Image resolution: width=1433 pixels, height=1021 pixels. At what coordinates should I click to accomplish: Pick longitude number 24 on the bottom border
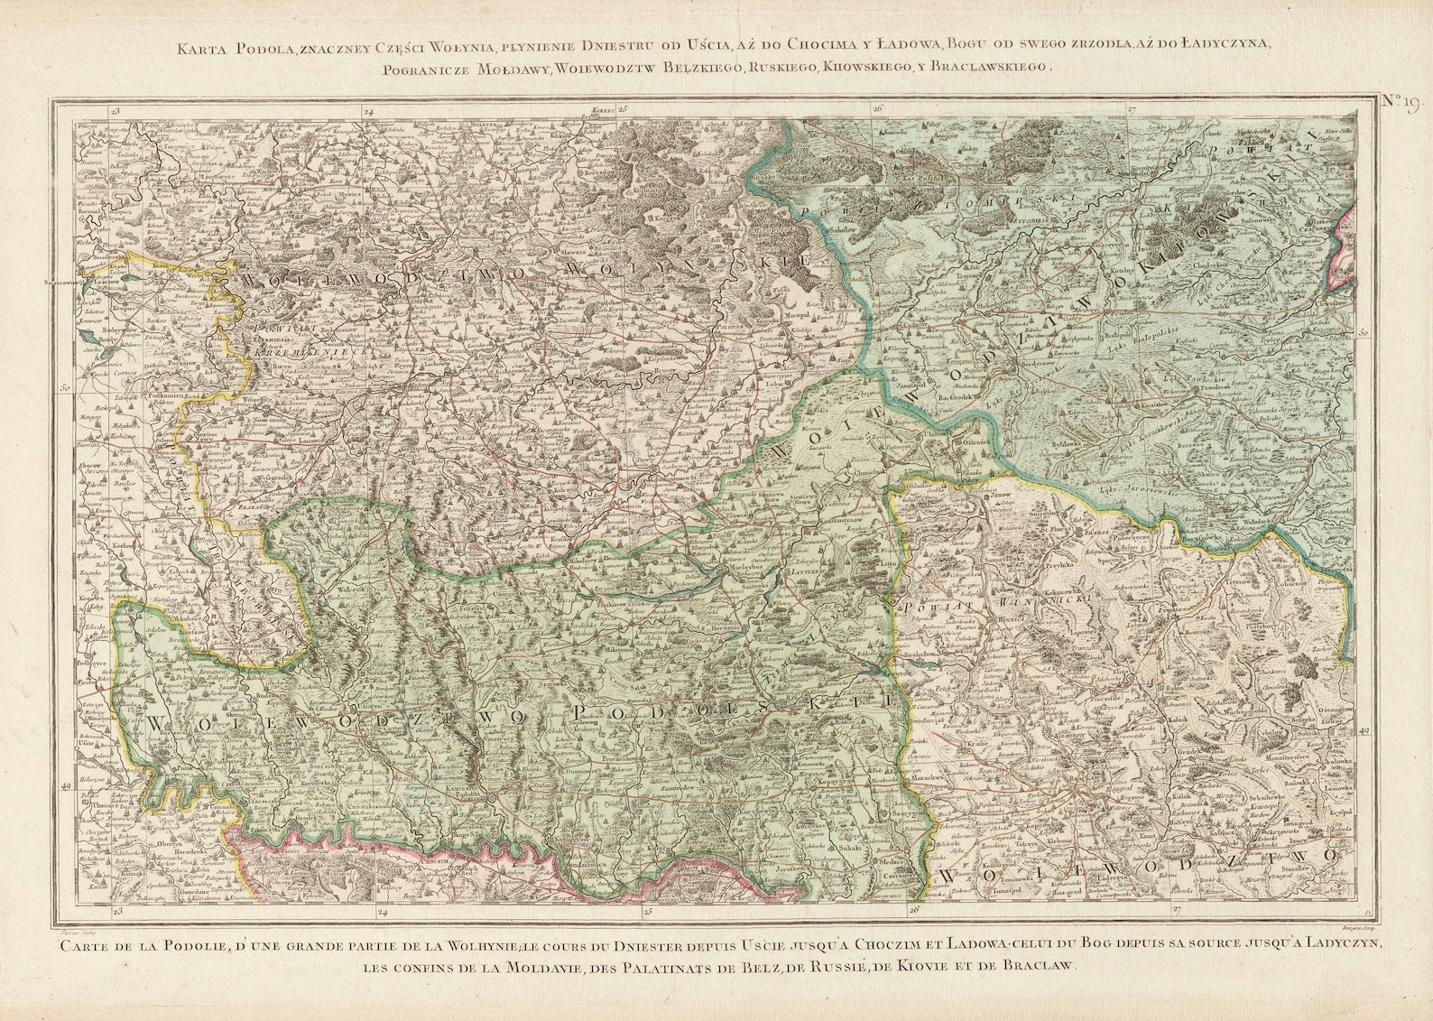coord(383,912)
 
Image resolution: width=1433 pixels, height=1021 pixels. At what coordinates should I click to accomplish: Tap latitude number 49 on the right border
coord(1364,731)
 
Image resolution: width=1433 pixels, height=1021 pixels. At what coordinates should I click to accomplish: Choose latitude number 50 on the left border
coord(66,389)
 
